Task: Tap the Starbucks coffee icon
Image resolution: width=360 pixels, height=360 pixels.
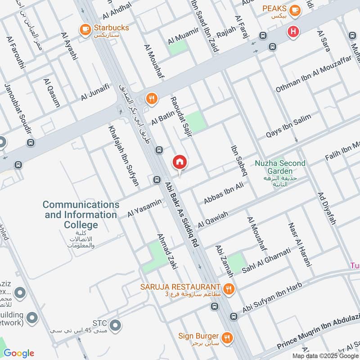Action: click(84, 29)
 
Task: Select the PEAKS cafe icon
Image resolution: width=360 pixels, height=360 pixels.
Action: click(295, 9)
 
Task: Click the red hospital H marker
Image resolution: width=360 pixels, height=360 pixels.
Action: click(293, 32)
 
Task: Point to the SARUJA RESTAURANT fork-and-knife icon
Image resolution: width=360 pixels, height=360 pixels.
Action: click(229, 288)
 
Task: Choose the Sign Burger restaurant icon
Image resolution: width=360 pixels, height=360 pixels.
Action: click(227, 337)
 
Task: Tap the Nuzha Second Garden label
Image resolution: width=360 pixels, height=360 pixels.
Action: click(279, 167)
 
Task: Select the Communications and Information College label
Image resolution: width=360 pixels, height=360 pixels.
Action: click(81, 215)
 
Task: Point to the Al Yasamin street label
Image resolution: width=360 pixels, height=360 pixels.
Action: click(144, 208)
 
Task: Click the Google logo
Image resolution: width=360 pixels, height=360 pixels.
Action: click(19, 353)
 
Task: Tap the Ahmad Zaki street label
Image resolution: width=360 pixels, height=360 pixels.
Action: click(167, 251)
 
